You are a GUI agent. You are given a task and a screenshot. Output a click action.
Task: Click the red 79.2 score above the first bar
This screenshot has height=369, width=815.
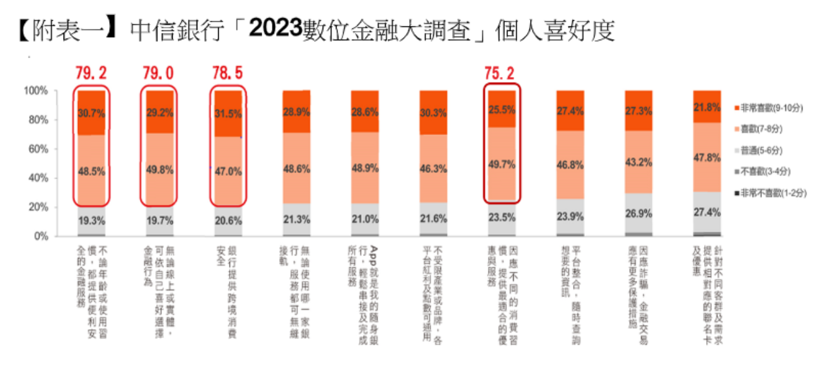pos(91,73)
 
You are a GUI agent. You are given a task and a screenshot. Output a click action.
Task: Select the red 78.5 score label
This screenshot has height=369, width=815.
pos(228,73)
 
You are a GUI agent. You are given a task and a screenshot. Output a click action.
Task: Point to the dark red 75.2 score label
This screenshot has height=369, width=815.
pos(501,73)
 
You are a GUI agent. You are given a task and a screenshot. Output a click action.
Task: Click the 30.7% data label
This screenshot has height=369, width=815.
pos(91,113)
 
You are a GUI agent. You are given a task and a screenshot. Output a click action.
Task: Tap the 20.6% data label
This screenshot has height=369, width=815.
pos(228,220)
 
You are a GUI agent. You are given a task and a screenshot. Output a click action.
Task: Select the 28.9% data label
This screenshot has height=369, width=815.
pos(296,112)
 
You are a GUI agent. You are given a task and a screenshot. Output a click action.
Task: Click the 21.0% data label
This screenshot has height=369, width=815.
pos(365,220)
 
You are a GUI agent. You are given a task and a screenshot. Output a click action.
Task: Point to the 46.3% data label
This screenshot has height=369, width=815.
pos(433,169)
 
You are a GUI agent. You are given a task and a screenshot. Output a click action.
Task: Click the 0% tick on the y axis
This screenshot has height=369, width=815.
pos(40,236)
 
